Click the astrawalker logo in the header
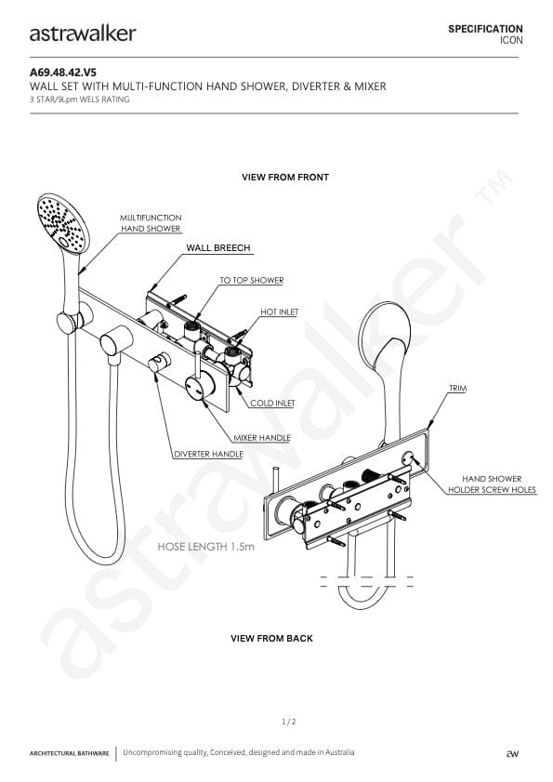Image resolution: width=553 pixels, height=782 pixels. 83,33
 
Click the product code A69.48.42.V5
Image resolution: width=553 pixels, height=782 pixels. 63,73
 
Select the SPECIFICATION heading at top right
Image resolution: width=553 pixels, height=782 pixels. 485,29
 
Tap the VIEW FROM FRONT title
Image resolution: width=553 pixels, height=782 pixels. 285,177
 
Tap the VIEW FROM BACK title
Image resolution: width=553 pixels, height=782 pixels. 271,639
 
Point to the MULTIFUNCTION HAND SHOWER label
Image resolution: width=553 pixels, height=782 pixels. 151,223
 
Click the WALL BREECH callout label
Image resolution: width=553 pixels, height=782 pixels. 218,248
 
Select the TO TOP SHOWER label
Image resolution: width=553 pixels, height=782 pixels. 252,280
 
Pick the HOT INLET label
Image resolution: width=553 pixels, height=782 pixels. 279,311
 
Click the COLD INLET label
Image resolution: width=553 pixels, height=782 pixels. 272,403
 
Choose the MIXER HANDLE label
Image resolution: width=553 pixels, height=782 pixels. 262,437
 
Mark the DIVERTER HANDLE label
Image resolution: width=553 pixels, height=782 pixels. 208,455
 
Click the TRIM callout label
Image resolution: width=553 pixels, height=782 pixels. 458,388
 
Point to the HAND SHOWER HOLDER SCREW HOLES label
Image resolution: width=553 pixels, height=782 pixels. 492,484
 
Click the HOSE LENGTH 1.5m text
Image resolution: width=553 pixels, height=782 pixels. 206,547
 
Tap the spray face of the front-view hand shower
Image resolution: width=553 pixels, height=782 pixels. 62,222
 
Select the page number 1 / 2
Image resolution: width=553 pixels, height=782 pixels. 289,722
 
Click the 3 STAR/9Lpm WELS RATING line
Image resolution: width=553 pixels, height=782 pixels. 80,99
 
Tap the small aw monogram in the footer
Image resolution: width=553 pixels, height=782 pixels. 512,753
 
